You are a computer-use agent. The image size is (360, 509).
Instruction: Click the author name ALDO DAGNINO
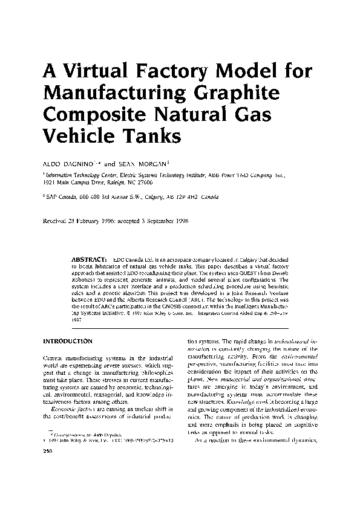pos(67,163)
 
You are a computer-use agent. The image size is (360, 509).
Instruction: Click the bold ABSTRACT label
pos(89,258)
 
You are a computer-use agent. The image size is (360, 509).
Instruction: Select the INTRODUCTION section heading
pos(67,341)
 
